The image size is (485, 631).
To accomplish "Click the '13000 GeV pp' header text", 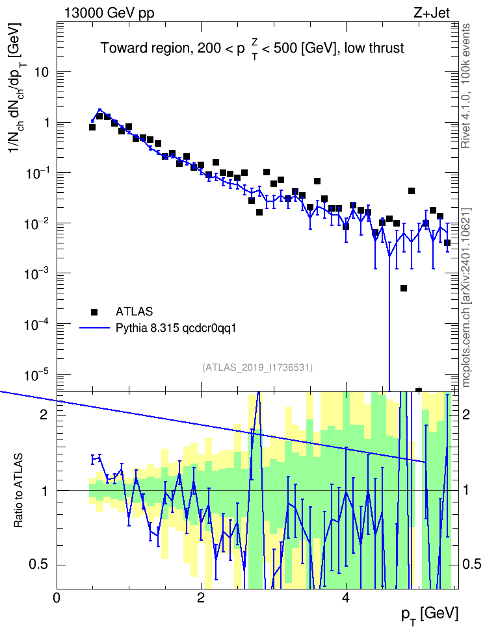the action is pyautogui.click(x=109, y=13).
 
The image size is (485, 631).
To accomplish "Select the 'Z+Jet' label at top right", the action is pyautogui.click(x=432, y=13).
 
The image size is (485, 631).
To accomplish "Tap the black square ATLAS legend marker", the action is pyautogui.click(x=94, y=312).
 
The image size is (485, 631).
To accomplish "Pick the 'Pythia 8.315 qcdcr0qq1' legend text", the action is pyautogui.click(x=176, y=328).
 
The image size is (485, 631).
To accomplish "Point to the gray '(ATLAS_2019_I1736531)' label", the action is pyautogui.click(x=257, y=367).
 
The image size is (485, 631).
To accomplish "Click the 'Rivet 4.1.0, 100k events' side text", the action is pyautogui.click(x=466, y=86).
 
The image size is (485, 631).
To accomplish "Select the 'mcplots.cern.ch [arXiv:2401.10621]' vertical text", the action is pyautogui.click(x=466, y=297).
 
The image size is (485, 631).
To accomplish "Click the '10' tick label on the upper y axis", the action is pyautogui.click(x=42, y=73).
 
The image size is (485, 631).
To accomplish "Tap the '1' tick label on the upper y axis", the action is pyautogui.click(x=46, y=123).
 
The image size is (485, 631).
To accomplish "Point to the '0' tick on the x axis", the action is pyautogui.click(x=57, y=598).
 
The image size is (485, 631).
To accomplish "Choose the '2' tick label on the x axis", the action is pyautogui.click(x=201, y=598).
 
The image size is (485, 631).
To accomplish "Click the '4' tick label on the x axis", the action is pyautogui.click(x=345, y=598).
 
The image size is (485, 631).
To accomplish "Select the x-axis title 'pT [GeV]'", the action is pyautogui.click(x=429, y=615).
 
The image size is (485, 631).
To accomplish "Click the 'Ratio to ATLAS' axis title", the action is pyautogui.click(x=18, y=491).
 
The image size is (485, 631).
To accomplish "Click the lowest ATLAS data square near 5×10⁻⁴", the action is pyautogui.click(x=404, y=288).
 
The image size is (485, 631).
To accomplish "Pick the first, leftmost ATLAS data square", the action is pyautogui.click(x=92, y=127).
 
